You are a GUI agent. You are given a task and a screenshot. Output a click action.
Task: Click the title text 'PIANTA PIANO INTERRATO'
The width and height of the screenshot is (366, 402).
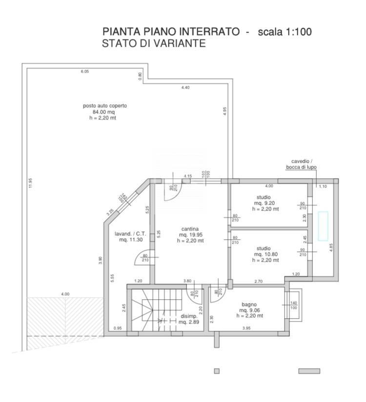(x=171, y=32)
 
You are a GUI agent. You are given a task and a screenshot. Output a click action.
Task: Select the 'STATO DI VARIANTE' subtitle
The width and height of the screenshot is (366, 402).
(x=154, y=44)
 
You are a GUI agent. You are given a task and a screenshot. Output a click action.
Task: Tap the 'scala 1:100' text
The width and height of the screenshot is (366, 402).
(x=285, y=32)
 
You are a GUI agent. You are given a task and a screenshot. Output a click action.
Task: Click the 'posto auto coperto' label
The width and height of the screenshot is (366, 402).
(x=104, y=106)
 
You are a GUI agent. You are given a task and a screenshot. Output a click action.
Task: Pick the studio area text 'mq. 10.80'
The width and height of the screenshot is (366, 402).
(x=266, y=254)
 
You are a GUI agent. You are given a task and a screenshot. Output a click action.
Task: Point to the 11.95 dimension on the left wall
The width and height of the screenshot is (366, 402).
(x=30, y=183)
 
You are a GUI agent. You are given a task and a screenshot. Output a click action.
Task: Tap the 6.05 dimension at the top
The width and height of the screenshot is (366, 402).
(x=84, y=72)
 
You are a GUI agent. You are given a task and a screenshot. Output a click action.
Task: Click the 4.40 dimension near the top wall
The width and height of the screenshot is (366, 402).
(x=185, y=87)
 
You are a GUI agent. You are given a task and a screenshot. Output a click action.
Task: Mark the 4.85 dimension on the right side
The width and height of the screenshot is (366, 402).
(x=331, y=247)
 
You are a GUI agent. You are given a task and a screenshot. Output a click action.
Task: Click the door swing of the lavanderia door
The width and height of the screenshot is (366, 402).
(x=142, y=258)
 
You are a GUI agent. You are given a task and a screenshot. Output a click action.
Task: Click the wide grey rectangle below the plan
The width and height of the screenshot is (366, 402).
(x=309, y=371)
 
